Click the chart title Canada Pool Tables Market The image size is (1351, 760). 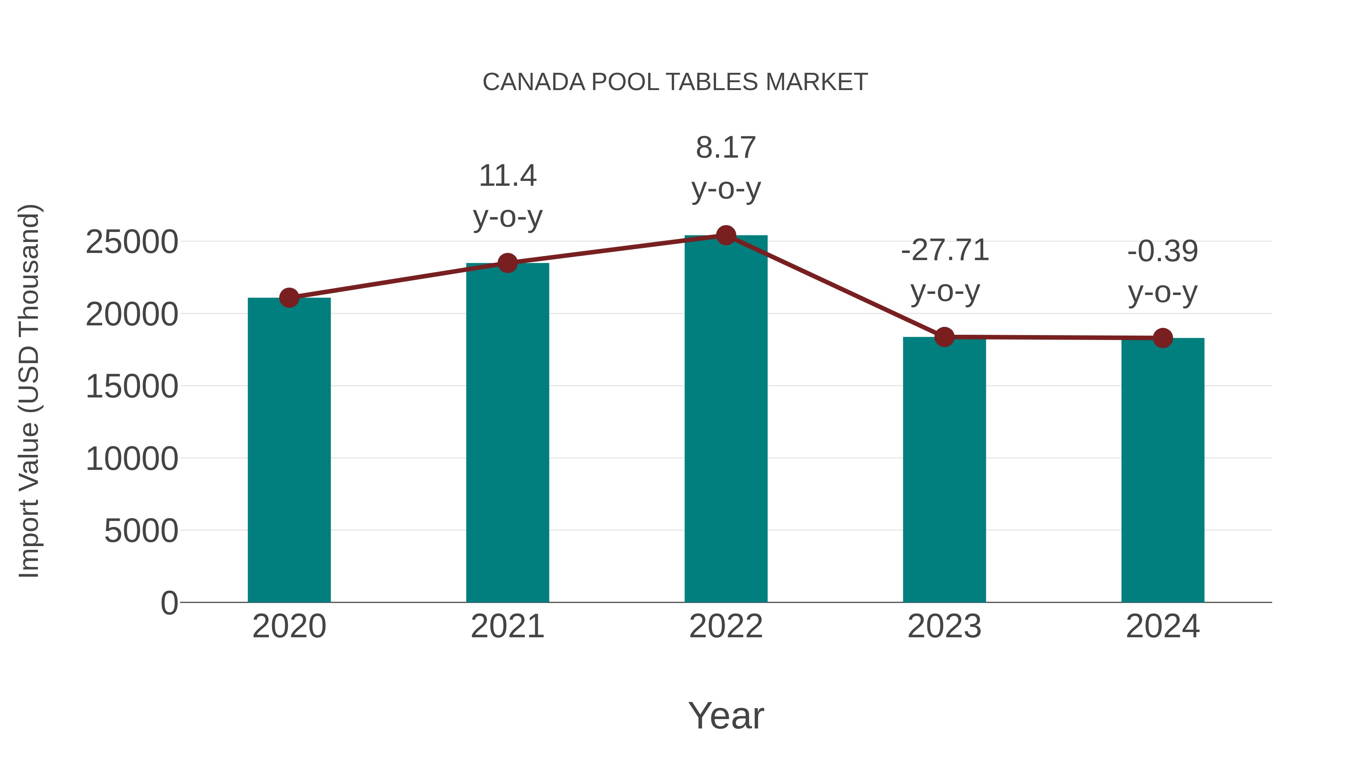675,82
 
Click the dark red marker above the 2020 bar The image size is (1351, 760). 289,298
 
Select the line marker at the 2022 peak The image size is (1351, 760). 726,235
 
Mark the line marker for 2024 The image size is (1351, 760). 1163,338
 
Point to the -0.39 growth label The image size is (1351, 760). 1163,272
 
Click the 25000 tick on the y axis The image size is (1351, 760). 132,242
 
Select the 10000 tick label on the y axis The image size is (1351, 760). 132,459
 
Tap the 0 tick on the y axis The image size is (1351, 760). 169,603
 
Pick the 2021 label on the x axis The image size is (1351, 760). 508,626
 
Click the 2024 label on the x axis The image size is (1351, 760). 1163,626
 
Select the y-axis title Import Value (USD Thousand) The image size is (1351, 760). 29,391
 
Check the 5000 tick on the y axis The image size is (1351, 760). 141,531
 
